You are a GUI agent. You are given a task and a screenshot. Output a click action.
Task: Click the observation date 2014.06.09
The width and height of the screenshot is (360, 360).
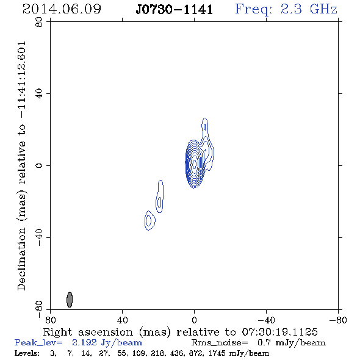tap(62, 9)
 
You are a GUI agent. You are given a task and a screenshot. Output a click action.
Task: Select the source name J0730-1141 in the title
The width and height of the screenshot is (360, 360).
tap(175, 10)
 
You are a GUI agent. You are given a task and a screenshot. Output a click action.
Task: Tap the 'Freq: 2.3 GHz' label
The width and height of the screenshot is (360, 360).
tap(286, 10)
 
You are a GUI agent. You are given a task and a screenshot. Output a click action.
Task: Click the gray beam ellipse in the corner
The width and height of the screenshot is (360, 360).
tap(70, 300)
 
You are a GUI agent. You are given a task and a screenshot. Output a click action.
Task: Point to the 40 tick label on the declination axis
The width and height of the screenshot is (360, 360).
tap(39, 94)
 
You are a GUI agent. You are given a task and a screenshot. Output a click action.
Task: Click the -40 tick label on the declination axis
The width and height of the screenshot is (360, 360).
tap(39, 237)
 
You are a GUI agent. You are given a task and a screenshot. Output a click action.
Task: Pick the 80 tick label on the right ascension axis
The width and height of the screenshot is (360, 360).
tap(50, 320)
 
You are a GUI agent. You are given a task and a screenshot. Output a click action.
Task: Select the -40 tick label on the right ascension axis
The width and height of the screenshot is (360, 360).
tap(266, 320)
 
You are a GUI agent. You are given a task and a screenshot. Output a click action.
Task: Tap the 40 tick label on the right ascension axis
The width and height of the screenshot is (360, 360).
tap(122, 320)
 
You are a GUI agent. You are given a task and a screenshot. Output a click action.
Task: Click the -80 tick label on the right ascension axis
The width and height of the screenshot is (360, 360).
tap(338, 320)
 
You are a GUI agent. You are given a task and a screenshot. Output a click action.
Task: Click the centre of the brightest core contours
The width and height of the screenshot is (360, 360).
tap(194, 164)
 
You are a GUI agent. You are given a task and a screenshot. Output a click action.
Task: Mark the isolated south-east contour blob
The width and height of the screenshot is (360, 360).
tap(149, 220)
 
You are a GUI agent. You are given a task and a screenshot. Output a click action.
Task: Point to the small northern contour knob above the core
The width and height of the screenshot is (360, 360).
tap(205, 126)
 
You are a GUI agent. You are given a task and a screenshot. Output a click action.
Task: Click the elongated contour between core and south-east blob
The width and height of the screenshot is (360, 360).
tap(160, 197)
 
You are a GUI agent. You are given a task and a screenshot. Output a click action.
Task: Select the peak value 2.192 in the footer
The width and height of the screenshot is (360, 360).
tap(84, 342)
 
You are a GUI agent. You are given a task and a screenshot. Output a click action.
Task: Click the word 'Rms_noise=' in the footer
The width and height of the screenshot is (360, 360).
tap(220, 342)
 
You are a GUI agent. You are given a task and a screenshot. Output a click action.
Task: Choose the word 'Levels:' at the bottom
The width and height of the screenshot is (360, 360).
tap(27, 353)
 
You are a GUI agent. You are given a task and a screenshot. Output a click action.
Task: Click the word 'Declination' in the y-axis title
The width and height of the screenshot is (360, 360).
tap(21, 259)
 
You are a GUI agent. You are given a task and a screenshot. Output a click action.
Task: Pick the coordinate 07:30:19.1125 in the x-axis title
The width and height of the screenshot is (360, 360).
tap(279, 332)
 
